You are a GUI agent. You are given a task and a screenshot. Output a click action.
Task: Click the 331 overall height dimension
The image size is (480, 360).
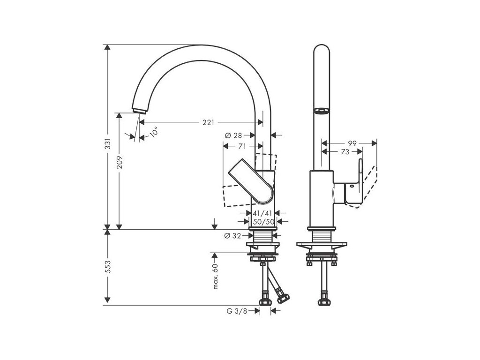(107, 143)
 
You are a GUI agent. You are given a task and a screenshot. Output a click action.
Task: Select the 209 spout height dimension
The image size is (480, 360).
(119, 162)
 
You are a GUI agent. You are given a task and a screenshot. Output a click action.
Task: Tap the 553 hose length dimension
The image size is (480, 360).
(107, 267)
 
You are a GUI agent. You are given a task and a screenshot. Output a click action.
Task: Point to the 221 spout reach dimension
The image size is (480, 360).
(209, 122)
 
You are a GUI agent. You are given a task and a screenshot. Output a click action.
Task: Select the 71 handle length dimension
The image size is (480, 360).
(242, 146)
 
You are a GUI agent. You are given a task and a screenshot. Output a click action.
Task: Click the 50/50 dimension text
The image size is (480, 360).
(262, 221)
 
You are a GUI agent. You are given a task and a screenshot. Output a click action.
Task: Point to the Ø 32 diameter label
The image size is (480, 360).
(233, 236)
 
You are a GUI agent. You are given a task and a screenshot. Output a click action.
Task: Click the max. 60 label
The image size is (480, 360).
(216, 277)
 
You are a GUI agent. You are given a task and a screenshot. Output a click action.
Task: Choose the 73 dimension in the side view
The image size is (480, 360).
(345, 152)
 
